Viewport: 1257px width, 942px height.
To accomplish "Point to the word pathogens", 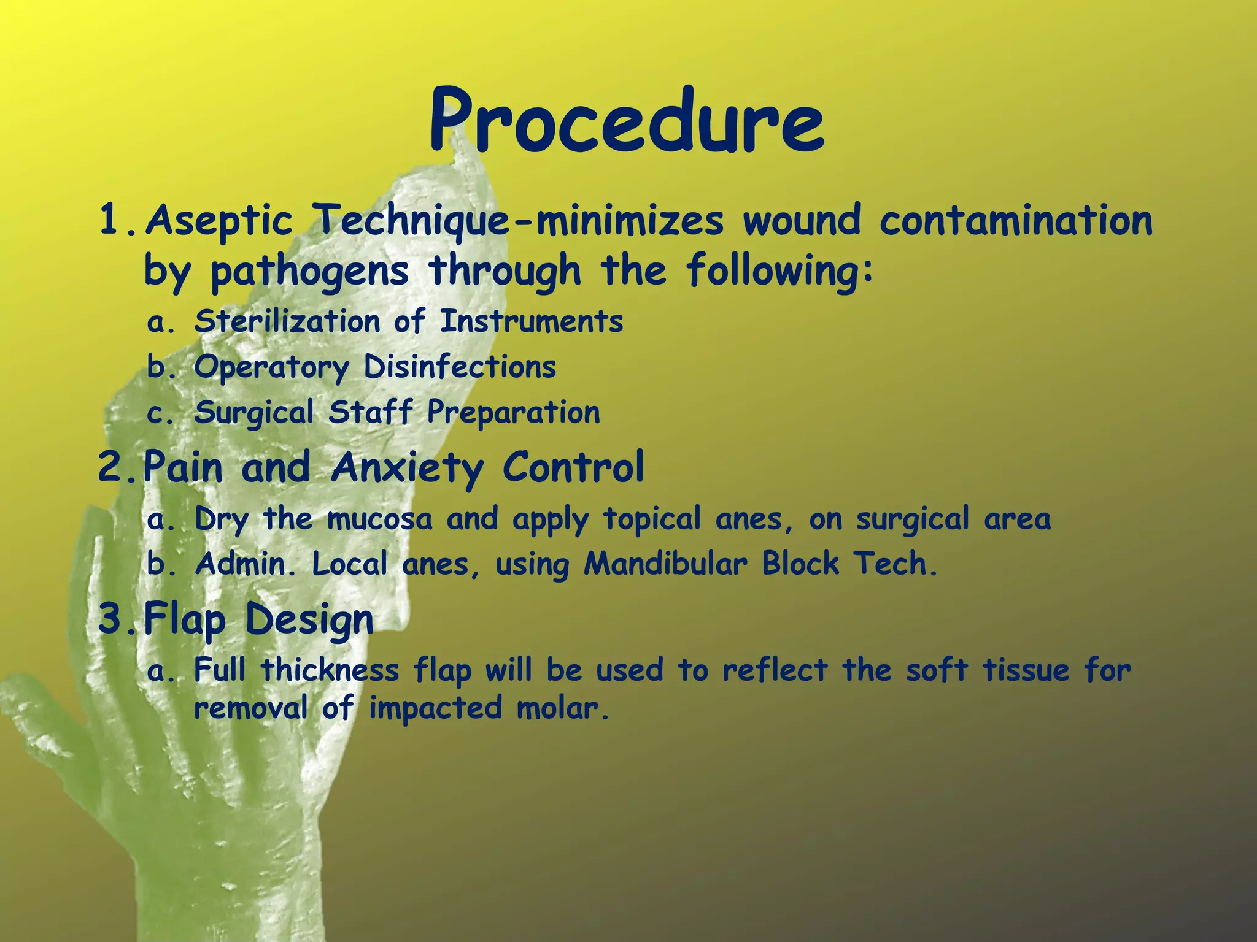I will [309, 271].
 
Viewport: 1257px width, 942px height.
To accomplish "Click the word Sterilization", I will [287, 321].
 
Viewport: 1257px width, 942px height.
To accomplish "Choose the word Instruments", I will [532, 321].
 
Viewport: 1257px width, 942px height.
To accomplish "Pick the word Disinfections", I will [460, 367].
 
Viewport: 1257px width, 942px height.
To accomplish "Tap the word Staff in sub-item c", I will [370, 412].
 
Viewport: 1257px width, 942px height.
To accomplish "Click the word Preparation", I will [514, 412].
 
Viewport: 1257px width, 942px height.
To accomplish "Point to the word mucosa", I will [379, 519].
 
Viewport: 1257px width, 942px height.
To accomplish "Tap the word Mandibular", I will [665, 564].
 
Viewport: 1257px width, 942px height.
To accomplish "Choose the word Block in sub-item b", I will [800, 564].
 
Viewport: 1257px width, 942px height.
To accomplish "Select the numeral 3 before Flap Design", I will [111, 618].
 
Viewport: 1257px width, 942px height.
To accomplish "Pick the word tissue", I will [1027, 669].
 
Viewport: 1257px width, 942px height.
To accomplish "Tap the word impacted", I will [435, 709].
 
